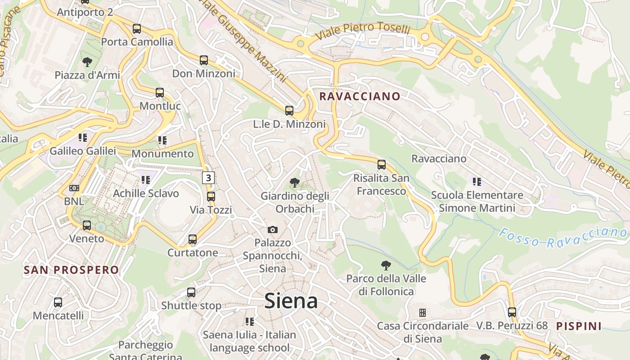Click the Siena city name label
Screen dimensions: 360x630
[291, 301]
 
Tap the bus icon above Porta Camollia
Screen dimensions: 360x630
[137, 29]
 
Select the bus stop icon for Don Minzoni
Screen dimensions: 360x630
[204, 60]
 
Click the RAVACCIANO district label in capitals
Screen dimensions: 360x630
[360, 96]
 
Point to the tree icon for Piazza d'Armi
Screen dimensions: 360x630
[87, 62]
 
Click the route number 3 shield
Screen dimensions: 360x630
[207, 178]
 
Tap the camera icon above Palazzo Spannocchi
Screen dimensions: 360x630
[273, 230]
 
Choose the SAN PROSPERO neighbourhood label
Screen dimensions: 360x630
[71, 270]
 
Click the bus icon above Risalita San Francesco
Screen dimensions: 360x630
[382, 165]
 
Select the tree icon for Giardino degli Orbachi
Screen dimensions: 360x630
[295, 183]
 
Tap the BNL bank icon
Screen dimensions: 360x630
[74, 188]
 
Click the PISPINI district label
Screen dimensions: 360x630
[579, 326]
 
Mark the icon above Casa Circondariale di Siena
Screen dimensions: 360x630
[422, 312]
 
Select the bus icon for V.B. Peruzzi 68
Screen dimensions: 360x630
[512, 312]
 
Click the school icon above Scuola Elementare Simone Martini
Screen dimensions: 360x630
[477, 182]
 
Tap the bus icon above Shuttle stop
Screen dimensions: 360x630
[191, 292]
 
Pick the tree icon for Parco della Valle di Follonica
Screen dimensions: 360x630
[386, 265]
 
